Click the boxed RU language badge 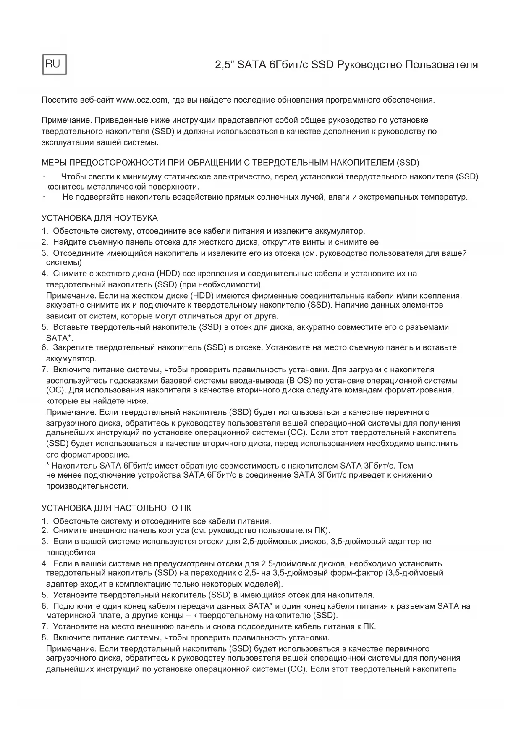(54, 64)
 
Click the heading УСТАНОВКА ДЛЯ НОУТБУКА (99, 218)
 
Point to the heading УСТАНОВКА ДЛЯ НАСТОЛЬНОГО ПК (116, 508)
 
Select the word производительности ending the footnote (87, 486)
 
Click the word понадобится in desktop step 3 (72, 552)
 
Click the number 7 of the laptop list (44, 370)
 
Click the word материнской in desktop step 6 (68, 616)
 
